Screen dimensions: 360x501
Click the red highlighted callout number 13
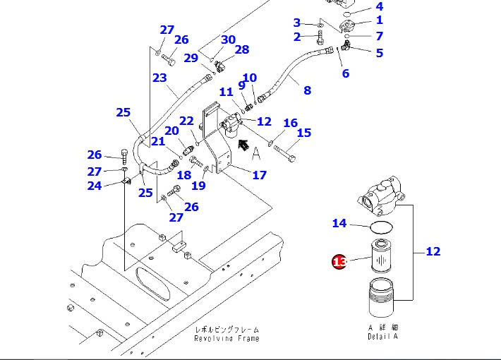click(339, 262)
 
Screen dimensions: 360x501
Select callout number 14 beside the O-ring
click(339, 224)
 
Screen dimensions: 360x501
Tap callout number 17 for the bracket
click(259, 174)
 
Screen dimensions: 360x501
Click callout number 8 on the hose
click(307, 90)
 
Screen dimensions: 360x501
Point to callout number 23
click(159, 78)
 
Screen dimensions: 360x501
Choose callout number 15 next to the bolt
click(303, 133)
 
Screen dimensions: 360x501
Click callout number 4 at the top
click(380, 7)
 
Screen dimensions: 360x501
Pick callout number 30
click(228, 40)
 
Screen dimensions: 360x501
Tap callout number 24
click(94, 186)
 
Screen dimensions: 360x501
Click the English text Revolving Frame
click(227, 339)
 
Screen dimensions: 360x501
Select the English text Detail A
click(383, 337)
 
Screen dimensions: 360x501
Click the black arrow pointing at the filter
click(243, 146)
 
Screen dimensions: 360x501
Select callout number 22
click(186, 122)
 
